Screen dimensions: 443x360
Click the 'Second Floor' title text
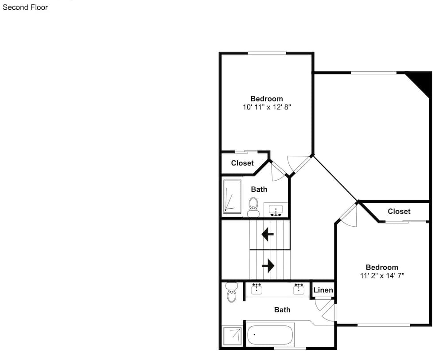25,8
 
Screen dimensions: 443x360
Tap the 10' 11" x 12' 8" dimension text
267,107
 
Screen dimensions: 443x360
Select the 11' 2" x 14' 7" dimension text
382,275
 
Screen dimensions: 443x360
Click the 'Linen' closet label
323,290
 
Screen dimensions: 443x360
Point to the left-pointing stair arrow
268,234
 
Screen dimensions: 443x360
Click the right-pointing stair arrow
268,266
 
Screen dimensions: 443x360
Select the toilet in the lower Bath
232,293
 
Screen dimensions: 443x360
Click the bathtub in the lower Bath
270,335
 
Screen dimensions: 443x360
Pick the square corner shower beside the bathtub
232,336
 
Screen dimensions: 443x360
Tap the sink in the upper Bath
276,210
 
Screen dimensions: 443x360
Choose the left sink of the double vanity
256,289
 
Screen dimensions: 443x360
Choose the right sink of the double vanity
299,289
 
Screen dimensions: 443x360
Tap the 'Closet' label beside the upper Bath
242,163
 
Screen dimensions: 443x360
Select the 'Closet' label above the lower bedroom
399,211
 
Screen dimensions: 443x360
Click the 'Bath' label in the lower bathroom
282,310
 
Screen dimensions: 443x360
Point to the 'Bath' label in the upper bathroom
259,189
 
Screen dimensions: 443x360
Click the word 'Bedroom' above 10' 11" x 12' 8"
267,99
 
